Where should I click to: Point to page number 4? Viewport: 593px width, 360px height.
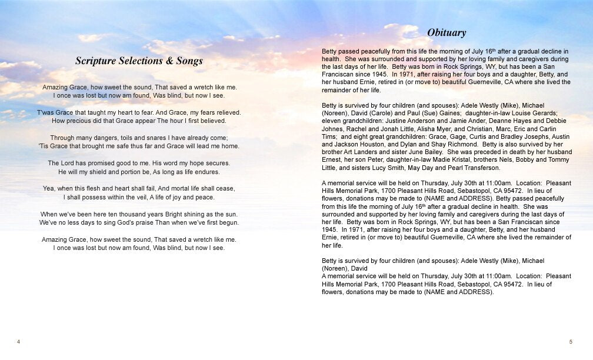point(19,342)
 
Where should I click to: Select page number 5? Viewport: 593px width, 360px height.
point(571,342)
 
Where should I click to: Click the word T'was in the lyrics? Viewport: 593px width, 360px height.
point(46,112)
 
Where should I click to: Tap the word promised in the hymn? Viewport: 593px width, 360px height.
point(95,163)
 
